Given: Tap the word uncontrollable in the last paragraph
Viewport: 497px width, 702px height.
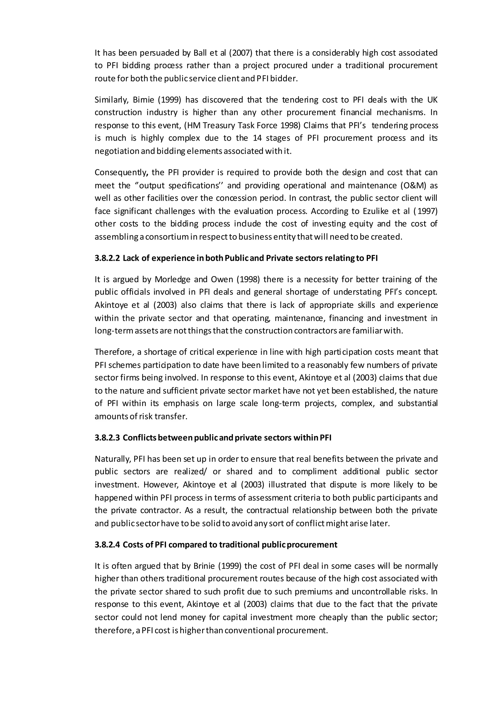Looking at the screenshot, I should pyautogui.click(x=379, y=592).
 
